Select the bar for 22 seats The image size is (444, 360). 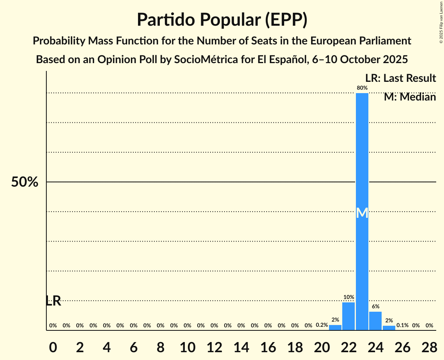(348, 316)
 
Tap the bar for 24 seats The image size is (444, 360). (375, 321)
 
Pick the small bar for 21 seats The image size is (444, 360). (335, 328)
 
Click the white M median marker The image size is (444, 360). (362, 213)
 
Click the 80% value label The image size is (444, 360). (362, 88)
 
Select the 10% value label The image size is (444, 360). (348, 297)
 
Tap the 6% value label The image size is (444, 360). (375, 307)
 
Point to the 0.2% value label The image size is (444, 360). (322, 325)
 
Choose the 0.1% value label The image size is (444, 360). (402, 325)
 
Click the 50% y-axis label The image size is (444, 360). (25, 182)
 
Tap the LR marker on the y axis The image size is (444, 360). (53, 301)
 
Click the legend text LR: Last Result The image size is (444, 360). (400, 78)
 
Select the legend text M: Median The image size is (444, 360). (410, 97)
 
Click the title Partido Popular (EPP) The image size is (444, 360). (222, 20)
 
